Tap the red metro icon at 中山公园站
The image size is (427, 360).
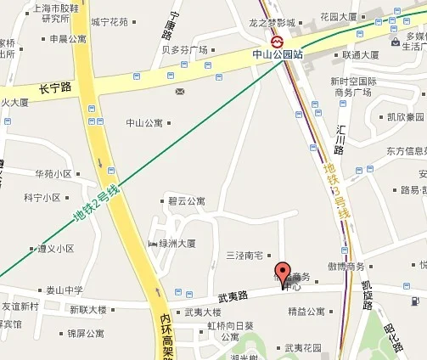coord(278,40)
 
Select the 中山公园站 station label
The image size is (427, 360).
coord(278,54)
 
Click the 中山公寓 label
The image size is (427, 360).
coord(143,122)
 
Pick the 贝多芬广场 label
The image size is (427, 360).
coord(184,50)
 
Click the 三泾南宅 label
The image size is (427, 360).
coord(244,256)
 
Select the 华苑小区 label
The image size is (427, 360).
coord(53,174)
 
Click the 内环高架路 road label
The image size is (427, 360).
coord(166,336)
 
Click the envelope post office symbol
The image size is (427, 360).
coord(180,90)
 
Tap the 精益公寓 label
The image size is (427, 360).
coord(306,312)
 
